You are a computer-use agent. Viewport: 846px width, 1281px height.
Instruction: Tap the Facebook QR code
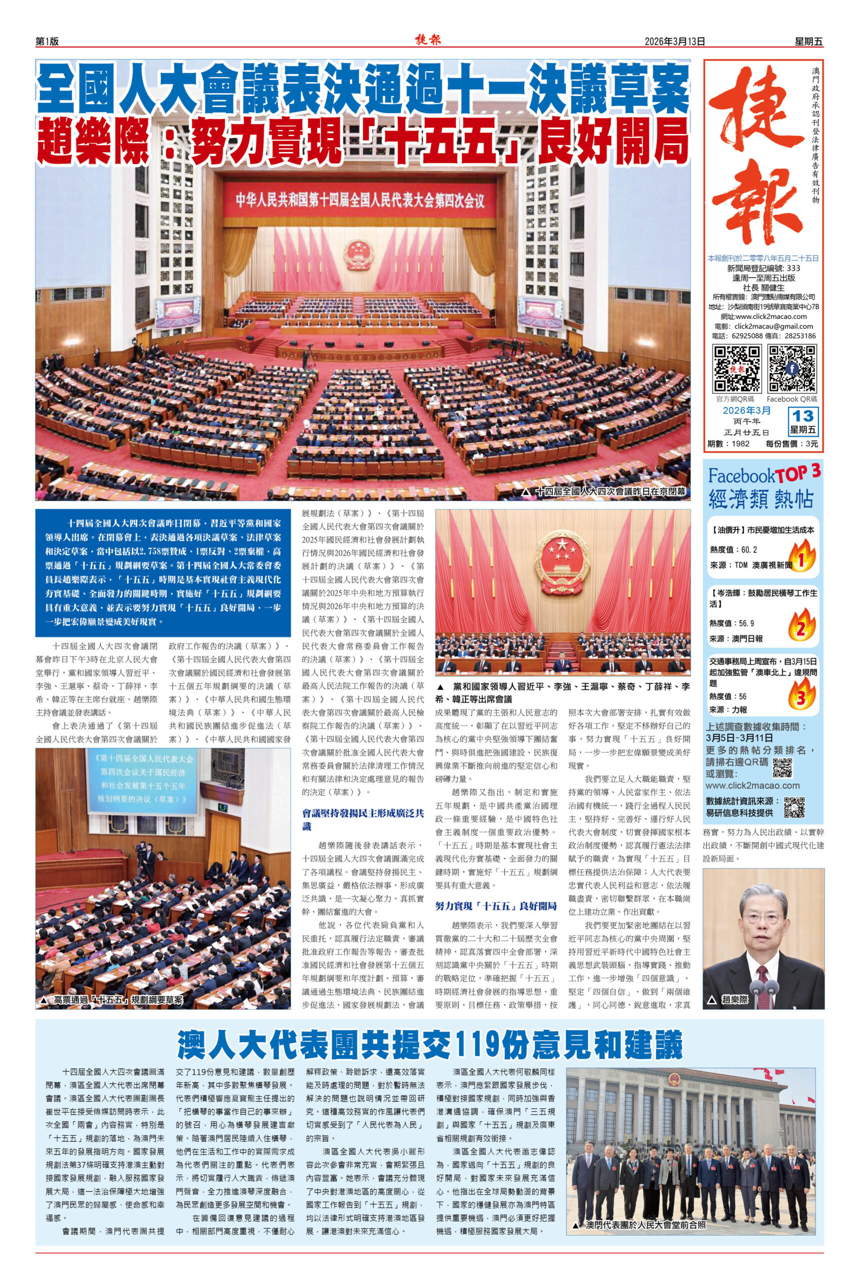pyautogui.click(x=792, y=369)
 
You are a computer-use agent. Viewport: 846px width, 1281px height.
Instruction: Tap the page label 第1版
pyautogui.click(x=47, y=42)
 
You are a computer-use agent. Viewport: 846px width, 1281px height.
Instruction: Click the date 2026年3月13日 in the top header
pyautogui.click(x=675, y=42)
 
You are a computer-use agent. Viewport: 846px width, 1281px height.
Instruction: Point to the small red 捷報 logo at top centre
pyautogui.click(x=428, y=41)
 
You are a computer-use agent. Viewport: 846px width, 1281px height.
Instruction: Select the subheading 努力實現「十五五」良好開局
pyautogui.click(x=496, y=905)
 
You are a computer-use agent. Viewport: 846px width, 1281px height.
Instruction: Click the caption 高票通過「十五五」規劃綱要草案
pyautogui.click(x=118, y=1000)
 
